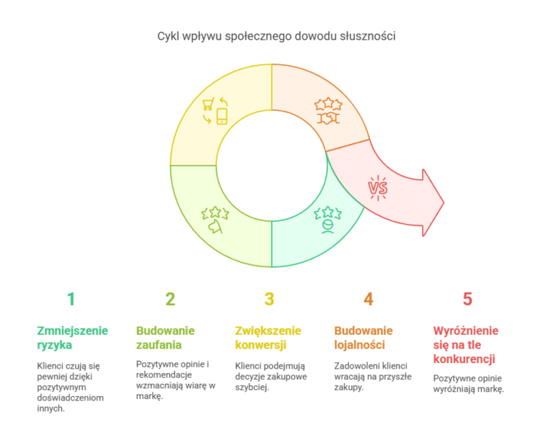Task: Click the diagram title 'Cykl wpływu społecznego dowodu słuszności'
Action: point(276,36)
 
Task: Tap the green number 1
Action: point(71,299)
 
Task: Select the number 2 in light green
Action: point(170,299)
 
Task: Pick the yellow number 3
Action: point(269,299)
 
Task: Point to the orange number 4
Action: point(368,299)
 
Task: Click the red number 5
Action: point(467,299)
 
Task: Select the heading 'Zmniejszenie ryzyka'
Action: point(72,338)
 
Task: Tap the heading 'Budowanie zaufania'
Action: point(166,338)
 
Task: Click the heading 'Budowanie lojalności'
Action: point(363,338)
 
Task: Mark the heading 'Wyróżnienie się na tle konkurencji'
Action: point(466,345)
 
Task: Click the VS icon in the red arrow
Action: point(378,188)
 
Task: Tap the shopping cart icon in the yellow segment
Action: point(207,104)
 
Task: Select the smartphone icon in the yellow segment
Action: point(222,117)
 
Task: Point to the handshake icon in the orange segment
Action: point(328,119)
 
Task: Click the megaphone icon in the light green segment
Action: point(215,226)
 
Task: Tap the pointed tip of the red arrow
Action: point(444,203)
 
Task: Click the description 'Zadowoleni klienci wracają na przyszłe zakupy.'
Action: point(373,377)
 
